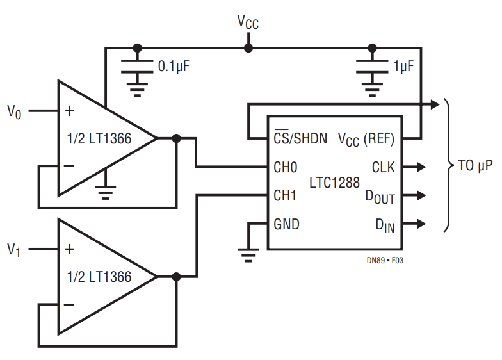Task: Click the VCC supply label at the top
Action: (248, 22)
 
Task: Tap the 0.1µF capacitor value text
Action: (174, 67)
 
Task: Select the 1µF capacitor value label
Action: (403, 67)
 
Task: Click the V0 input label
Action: (14, 112)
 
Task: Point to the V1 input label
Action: (14, 250)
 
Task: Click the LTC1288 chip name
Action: (334, 183)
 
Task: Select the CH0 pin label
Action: (286, 167)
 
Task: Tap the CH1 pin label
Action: (285, 195)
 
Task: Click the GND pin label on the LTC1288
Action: (287, 224)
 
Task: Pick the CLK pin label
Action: (383, 167)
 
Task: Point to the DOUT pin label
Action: (380, 197)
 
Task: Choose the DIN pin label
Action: (385, 225)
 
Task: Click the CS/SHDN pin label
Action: (301, 138)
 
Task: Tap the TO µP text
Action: (475, 166)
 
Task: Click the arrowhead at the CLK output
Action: (421, 167)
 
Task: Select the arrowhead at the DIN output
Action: (421, 224)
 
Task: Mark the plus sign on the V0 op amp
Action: (69, 111)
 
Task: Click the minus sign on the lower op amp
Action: (69, 304)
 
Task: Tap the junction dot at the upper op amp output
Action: (177, 138)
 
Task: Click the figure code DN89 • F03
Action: (385, 260)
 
